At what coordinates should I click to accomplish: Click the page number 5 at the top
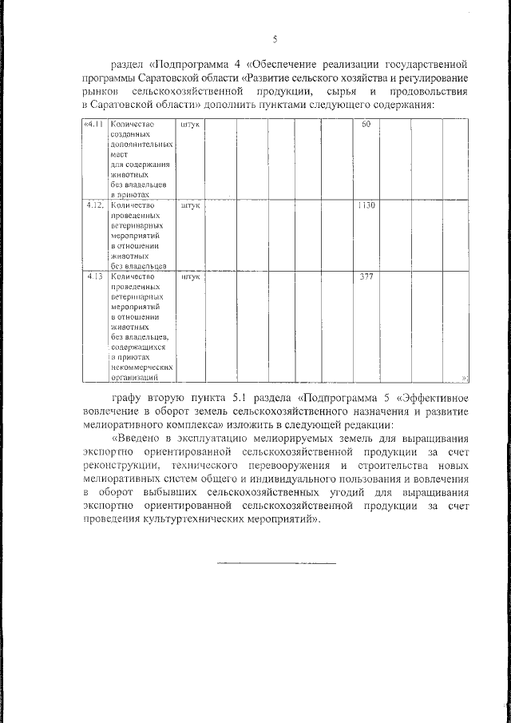coord(274,39)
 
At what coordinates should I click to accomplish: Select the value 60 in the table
coord(366,125)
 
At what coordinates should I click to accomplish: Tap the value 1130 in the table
coord(366,205)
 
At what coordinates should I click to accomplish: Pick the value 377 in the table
coord(366,277)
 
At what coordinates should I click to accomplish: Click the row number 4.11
coord(93,125)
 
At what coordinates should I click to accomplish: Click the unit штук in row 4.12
coord(190,205)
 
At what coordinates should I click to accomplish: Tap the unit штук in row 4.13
coord(190,277)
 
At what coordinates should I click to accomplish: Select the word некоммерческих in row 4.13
coord(137,368)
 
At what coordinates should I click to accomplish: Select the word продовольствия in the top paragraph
coord(430,92)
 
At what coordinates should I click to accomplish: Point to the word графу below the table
coord(128,397)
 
